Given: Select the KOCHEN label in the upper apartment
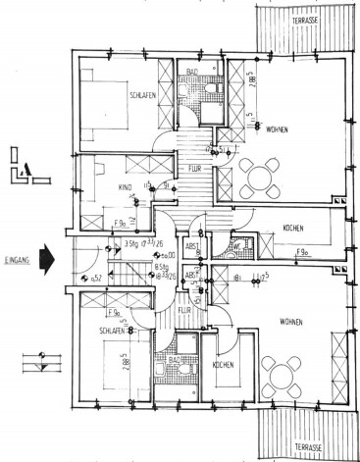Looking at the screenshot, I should click(293, 228).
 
